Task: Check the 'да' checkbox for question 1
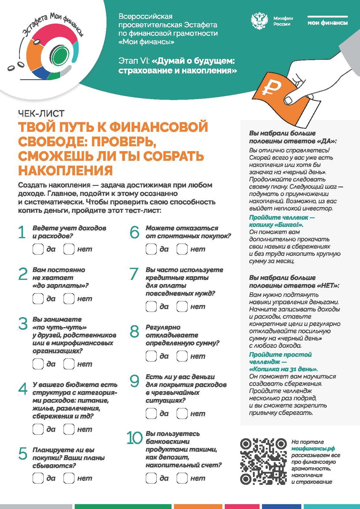[x=38, y=249]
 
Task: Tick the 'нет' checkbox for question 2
[x=69, y=299]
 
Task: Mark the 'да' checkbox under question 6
[x=151, y=249]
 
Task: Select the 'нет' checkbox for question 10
[x=182, y=478]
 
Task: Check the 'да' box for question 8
[x=151, y=356]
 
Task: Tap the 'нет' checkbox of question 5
[x=69, y=478]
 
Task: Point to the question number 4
[x=23, y=389]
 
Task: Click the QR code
[x=263, y=461]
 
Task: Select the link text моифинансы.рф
[x=313, y=449]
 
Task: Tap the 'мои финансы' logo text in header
[x=327, y=23]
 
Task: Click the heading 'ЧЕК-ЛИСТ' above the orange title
[x=41, y=113]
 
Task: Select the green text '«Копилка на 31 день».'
[x=283, y=369]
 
